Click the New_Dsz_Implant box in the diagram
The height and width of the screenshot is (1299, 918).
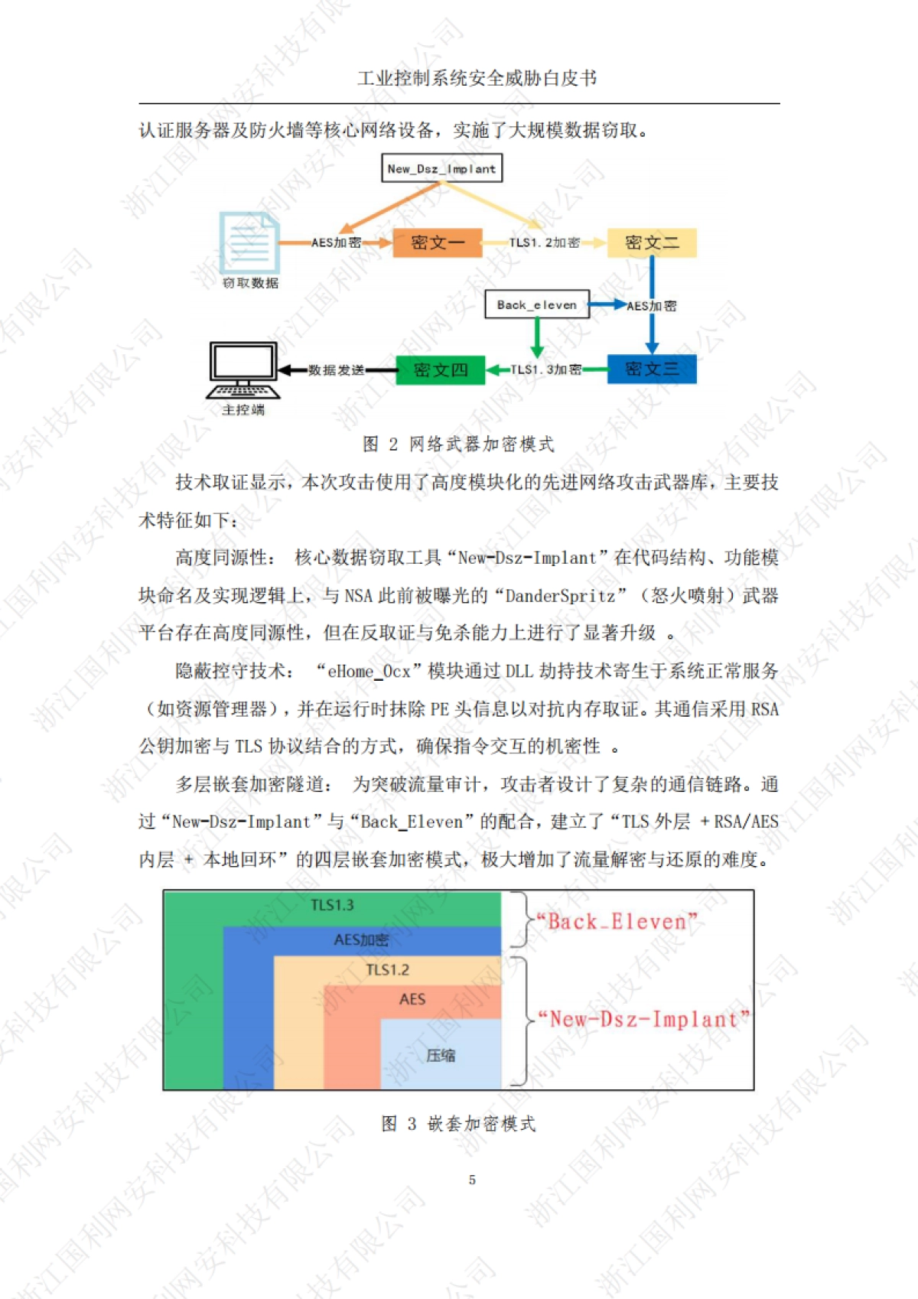point(441,168)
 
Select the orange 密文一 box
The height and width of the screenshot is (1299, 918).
point(437,243)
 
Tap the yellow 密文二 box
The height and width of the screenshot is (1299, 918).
point(651,243)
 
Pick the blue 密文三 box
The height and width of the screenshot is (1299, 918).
point(651,369)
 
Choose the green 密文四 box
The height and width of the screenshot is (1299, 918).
point(440,370)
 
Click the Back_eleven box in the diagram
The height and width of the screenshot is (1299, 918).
point(537,304)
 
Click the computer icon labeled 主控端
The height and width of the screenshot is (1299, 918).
point(243,370)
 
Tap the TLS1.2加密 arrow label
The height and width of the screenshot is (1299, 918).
point(544,243)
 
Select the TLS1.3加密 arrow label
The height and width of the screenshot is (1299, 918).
point(545,370)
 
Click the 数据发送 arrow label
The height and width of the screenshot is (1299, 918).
point(337,370)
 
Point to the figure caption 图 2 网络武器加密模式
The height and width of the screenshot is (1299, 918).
point(458,444)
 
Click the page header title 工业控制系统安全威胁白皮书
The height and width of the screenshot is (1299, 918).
point(477,78)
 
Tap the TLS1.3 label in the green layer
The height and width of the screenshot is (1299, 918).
point(332,906)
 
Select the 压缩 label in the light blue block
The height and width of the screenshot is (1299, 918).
point(441,1056)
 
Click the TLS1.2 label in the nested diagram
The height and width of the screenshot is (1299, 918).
point(387,970)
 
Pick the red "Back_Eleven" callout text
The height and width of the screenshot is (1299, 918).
point(617,922)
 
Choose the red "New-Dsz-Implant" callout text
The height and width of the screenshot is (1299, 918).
point(643,1019)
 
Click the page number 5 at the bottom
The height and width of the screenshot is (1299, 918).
point(472,1180)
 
